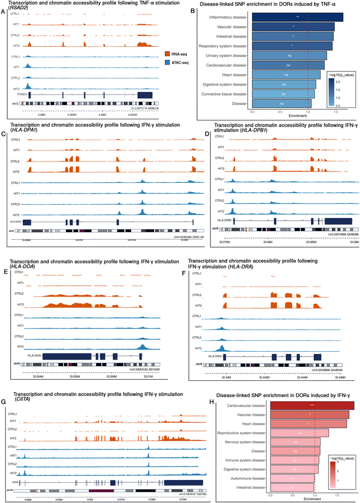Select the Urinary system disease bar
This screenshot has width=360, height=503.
[289, 55]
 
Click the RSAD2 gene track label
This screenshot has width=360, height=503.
[17, 95]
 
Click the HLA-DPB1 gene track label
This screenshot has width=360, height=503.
[224, 221]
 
